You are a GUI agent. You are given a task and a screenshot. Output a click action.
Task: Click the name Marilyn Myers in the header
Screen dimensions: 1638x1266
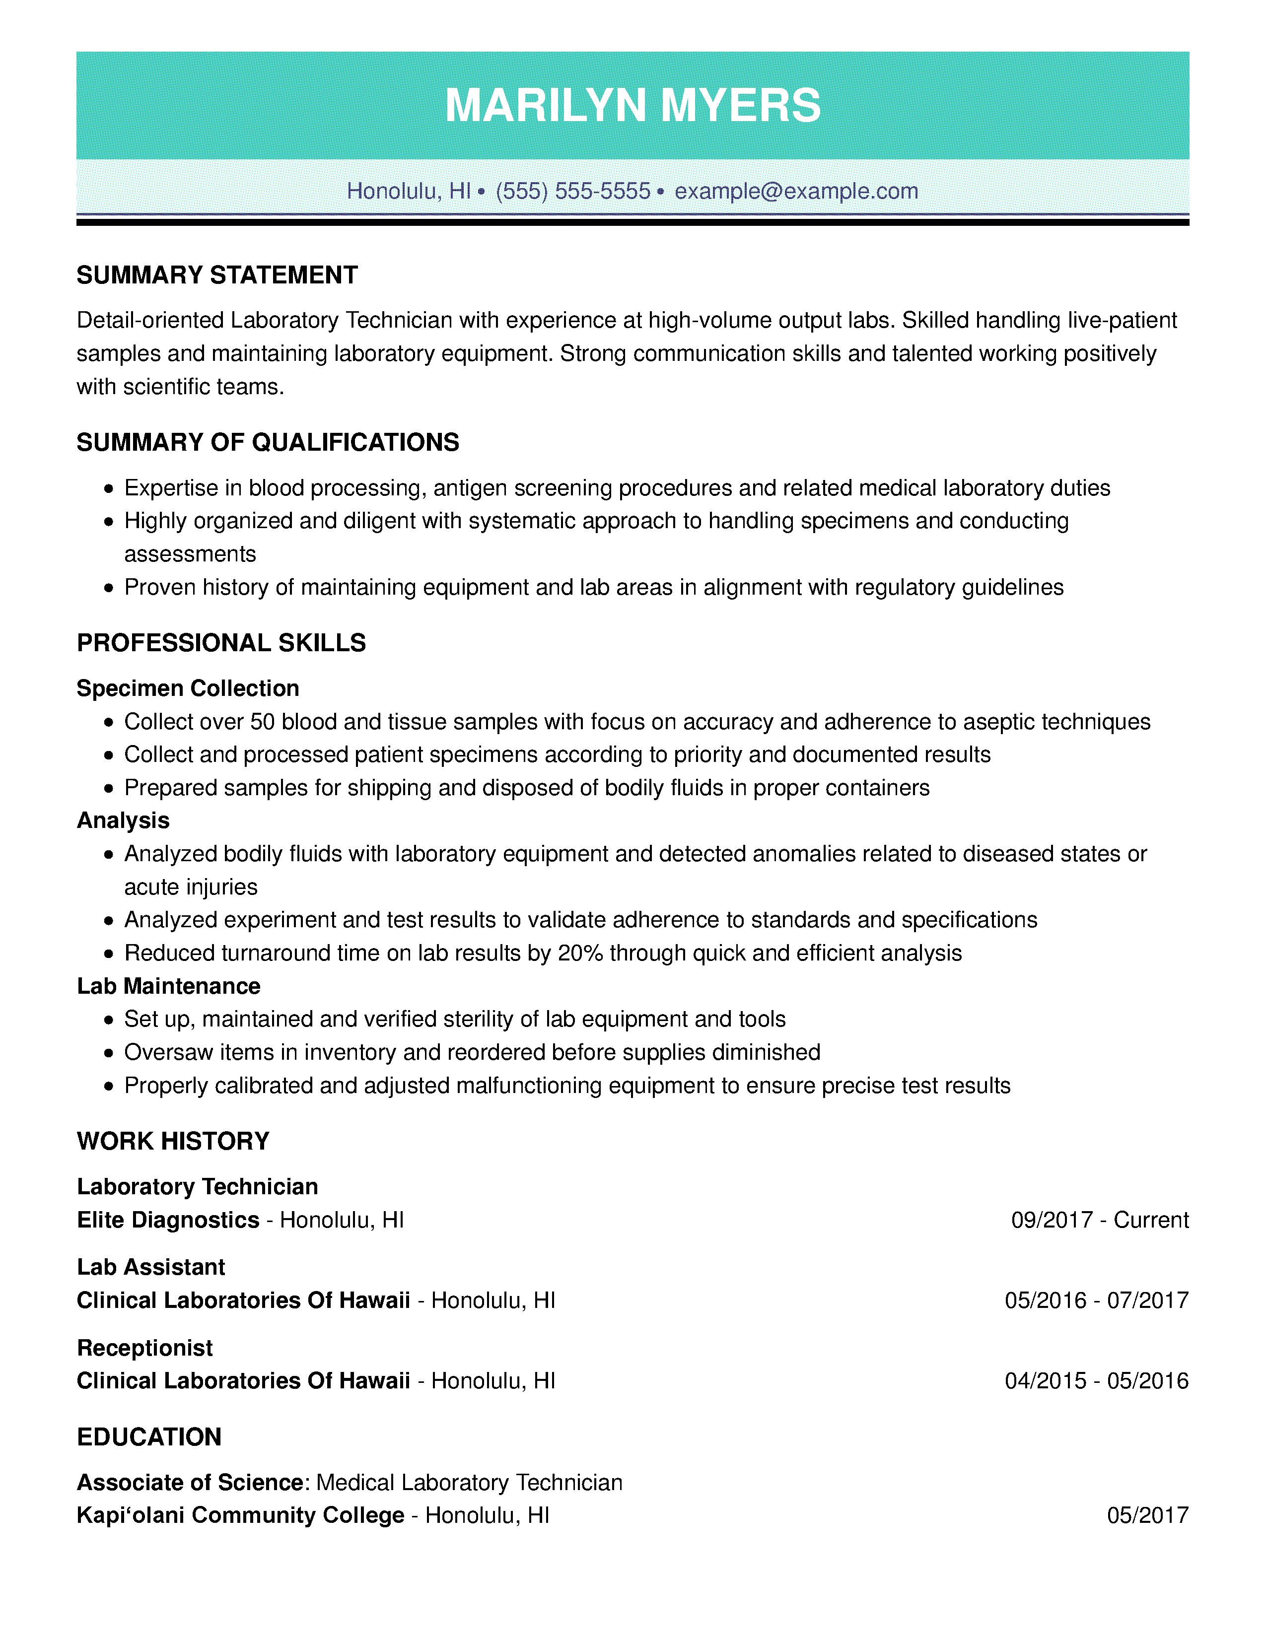tap(632, 105)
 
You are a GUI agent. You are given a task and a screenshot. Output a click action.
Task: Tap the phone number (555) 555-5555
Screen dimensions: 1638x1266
tap(573, 191)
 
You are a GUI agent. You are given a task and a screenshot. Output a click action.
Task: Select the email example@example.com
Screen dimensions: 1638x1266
tap(796, 191)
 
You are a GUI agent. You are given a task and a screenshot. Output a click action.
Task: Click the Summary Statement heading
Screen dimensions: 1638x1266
tap(217, 275)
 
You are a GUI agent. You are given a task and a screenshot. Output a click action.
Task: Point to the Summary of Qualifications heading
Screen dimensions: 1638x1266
tap(268, 442)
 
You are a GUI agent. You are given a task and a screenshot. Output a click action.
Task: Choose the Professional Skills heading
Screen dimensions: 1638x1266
tap(221, 643)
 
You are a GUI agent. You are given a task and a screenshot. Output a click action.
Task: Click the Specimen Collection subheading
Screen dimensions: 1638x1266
tap(188, 688)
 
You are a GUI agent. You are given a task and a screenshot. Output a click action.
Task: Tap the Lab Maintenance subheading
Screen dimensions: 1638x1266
tap(169, 986)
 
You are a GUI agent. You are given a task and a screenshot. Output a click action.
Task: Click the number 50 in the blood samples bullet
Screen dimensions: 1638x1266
tap(263, 722)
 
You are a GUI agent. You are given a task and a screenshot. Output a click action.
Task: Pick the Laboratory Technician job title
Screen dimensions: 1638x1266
tap(197, 1186)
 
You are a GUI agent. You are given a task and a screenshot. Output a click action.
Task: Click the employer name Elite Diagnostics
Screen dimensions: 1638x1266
tap(168, 1220)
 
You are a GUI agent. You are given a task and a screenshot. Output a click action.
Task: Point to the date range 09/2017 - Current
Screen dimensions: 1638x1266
tap(1100, 1220)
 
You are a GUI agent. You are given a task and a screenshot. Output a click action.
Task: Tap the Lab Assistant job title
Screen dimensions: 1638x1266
tap(151, 1268)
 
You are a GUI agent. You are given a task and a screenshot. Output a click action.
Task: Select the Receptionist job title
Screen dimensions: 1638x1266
tap(145, 1349)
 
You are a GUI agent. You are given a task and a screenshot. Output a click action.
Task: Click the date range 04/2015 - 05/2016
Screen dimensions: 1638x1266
tap(1097, 1381)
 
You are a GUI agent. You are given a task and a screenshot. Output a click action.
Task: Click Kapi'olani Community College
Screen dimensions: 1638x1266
tap(240, 1516)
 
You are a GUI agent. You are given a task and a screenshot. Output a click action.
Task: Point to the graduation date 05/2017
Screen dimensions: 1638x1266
tap(1147, 1516)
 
